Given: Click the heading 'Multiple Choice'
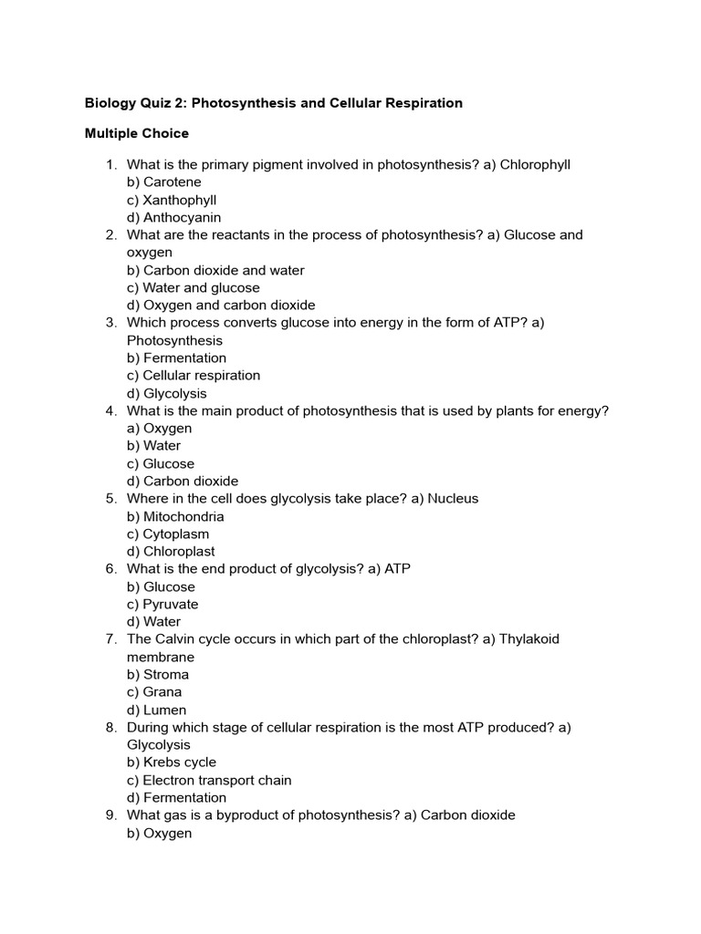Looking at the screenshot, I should click(137, 133).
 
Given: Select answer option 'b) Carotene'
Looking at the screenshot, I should click(164, 182).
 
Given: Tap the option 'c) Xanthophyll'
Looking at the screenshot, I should click(172, 200).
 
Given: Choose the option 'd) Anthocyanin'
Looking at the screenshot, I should click(173, 218).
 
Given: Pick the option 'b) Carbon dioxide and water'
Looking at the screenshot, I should click(215, 270).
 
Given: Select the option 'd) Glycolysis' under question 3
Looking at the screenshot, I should click(167, 393).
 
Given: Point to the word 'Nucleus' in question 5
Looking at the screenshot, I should click(453, 499).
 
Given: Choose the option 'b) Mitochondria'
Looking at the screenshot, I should click(175, 516).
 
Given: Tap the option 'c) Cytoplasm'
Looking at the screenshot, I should click(168, 534).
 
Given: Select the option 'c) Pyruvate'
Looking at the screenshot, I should click(162, 604).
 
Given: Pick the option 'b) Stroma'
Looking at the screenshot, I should click(158, 674).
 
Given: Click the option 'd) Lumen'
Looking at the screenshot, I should click(157, 710).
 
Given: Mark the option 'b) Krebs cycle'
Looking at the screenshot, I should click(172, 762).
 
